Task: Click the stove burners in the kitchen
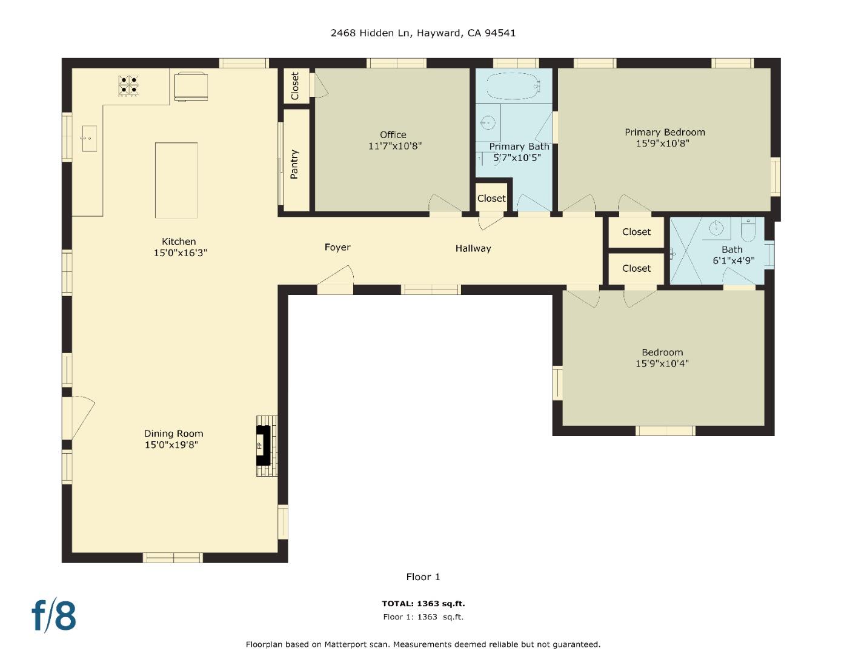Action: point(128,85)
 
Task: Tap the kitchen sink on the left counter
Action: point(89,139)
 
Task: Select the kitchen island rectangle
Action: point(176,180)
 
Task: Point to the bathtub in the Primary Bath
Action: point(513,86)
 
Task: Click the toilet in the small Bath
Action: point(748,230)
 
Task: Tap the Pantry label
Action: point(294,164)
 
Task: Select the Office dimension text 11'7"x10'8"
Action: point(394,146)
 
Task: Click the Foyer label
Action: point(337,247)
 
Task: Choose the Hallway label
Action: point(473,248)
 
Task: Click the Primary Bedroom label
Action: point(665,132)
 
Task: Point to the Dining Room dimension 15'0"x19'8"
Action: point(171,445)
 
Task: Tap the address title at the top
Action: point(423,33)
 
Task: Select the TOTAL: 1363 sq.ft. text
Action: point(423,603)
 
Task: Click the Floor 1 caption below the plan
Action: point(423,576)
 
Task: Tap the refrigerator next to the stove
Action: point(191,85)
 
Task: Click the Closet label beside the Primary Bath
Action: point(491,199)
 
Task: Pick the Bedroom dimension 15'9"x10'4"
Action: point(662,364)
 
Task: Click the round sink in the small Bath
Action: point(717,228)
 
